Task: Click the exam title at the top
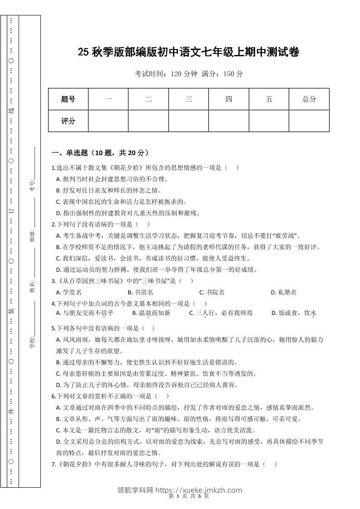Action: tap(188, 53)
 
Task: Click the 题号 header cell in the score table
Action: tap(68, 99)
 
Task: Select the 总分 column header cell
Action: tap(309, 99)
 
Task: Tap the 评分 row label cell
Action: tap(68, 121)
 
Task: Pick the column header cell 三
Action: tap(188, 99)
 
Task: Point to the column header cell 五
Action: tap(269, 99)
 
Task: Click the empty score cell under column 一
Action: tap(108, 121)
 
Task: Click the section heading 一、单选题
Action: tap(100, 153)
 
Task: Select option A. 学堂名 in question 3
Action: tap(69, 293)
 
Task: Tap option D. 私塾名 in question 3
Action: tap(284, 293)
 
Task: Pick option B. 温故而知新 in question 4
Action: tap(151, 313)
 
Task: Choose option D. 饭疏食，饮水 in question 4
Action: tap(294, 313)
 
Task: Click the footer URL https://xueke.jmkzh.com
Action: tap(198, 490)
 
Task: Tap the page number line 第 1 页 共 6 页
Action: tap(188, 496)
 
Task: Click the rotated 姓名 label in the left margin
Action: tap(33, 287)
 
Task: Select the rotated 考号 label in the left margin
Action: tap(32, 186)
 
